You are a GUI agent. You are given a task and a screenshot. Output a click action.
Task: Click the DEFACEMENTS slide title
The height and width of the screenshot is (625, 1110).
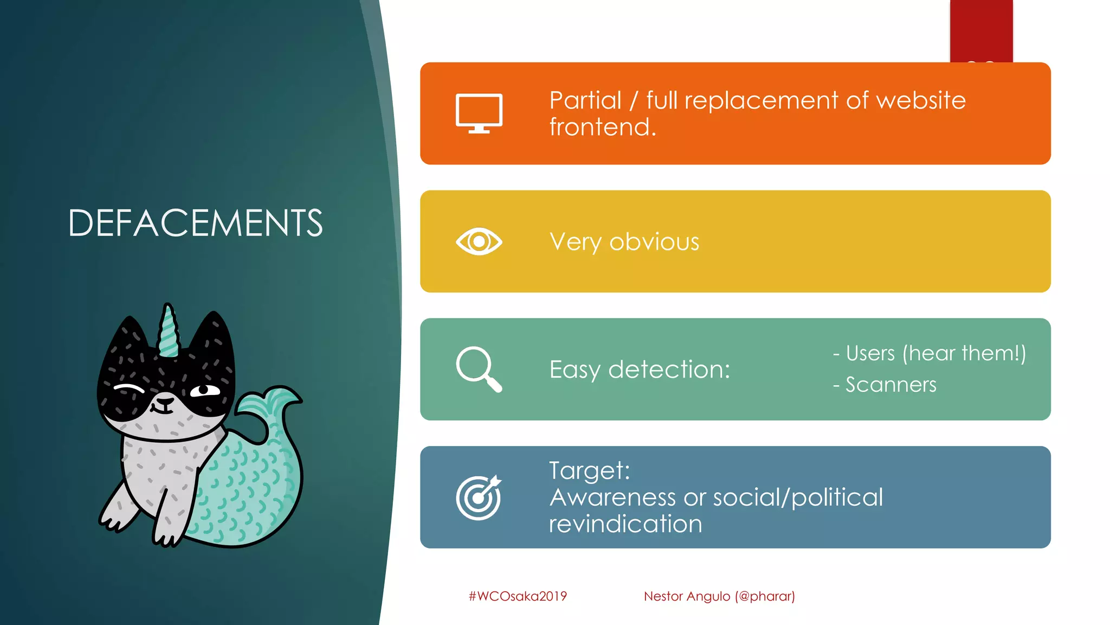(195, 223)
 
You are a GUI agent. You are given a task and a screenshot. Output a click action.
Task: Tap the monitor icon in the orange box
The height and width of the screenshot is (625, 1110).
(479, 113)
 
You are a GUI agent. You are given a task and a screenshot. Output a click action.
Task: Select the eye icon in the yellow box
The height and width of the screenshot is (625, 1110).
(479, 241)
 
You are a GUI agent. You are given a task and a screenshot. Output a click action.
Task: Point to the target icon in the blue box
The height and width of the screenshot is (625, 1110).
(479, 498)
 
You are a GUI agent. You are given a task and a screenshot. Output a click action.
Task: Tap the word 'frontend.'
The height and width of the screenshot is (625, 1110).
(602, 127)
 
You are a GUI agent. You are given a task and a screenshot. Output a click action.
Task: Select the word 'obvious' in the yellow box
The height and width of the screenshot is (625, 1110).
(654, 242)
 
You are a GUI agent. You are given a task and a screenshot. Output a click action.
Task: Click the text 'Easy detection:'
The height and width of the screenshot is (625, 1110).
(640, 369)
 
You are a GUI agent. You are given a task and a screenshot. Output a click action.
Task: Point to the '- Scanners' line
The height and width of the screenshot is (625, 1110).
(885, 385)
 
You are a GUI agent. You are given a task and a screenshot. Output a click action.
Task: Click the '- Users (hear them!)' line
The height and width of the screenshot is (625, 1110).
(929, 353)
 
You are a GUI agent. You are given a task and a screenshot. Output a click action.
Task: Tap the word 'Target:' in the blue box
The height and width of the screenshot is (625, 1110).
(589, 470)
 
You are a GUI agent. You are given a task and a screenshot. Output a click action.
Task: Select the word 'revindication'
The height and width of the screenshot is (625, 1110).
(625, 524)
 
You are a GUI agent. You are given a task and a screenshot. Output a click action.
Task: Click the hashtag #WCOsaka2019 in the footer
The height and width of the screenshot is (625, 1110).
(518, 596)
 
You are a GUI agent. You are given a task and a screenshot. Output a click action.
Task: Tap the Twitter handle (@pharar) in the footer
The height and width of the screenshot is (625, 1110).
(765, 596)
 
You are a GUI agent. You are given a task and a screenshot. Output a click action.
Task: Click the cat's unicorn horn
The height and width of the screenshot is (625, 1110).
(169, 330)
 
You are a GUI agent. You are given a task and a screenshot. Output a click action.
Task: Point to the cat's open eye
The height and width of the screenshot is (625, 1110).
(204, 390)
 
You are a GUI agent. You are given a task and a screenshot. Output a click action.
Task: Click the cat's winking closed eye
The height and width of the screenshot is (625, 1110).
(129, 388)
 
